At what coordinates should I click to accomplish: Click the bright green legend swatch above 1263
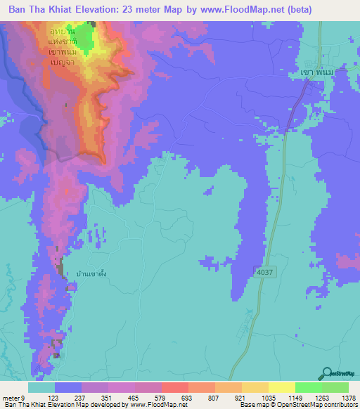[x=308, y=387]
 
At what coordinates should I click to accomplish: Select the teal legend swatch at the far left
[x=41, y=387]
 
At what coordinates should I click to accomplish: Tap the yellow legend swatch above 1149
[x=281, y=387]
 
